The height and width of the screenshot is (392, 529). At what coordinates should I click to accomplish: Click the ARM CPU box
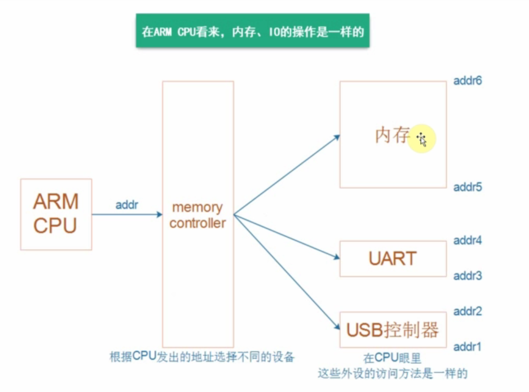tap(56, 214)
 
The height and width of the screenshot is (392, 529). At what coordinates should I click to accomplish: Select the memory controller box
tap(198, 214)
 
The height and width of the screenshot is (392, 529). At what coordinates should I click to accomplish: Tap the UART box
tap(393, 259)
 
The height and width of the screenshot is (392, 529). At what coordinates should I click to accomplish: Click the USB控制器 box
tap(393, 329)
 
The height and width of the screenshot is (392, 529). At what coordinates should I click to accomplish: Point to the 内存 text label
tap(392, 136)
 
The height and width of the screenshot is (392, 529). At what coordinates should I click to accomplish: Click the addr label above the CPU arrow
tap(127, 205)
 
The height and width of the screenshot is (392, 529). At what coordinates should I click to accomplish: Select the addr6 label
tap(467, 81)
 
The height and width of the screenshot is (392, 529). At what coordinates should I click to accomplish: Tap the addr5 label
tap(467, 187)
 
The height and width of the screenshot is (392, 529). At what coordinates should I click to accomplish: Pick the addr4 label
tap(467, 240)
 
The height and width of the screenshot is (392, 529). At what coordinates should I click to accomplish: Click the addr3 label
tap(467, 275)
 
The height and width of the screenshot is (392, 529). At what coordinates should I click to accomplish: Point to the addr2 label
tap(467, 311)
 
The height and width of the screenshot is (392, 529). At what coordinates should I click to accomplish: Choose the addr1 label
tap(467, 347)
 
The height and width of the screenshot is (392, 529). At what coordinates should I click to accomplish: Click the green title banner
tap(252, 31)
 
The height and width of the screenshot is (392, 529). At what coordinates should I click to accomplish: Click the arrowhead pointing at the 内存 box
tap(337, 137)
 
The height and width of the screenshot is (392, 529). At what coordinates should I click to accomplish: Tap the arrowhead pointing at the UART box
tap(337, 256)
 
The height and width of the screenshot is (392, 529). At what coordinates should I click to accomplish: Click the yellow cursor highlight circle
tap(421, 139)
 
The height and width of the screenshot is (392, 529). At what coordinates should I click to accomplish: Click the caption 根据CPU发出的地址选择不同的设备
tap(202, 357)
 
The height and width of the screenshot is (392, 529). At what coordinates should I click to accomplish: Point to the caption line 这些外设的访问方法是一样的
tap(392, 374)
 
